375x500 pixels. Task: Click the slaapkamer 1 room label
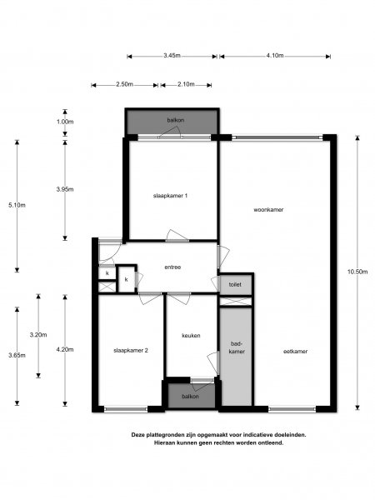[170, 196]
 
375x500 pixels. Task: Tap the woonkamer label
[268, 210]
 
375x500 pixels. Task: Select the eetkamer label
[294, 351]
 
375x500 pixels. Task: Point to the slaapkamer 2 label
[131, 351]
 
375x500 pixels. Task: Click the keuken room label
[192, 336]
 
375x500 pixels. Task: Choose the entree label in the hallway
[172, 267]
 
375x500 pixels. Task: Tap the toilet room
[235, 285]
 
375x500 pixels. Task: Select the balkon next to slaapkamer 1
[175, 120]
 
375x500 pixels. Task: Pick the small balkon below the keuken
[191, 396]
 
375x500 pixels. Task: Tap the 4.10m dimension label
[275, 56]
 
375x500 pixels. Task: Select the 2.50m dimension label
[124, 84]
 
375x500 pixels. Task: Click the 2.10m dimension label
[187, 84]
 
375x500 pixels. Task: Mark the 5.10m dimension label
[17, 205]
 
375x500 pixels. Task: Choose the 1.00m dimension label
[64, 122]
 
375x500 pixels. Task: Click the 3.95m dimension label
[64, 189]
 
